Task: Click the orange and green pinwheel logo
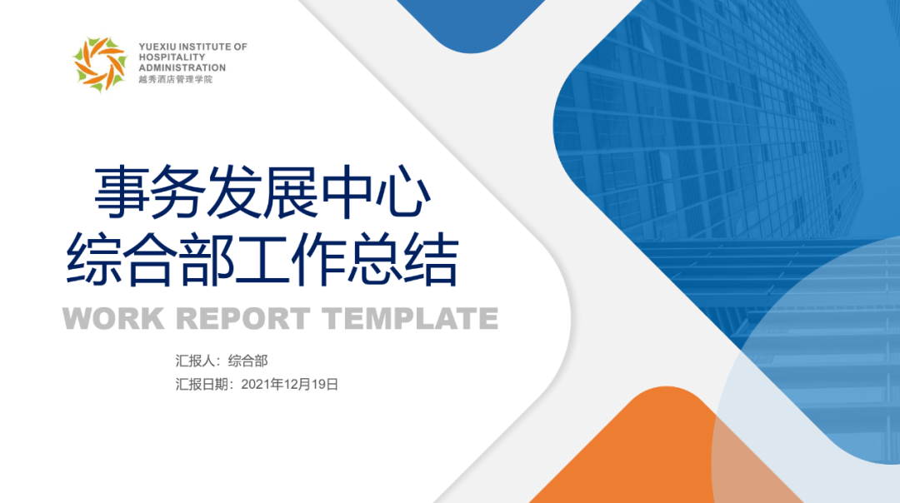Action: click(x=100, y=63)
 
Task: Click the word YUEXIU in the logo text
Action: click(x=157, y=47)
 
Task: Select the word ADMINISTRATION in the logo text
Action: click(x=182, y=67)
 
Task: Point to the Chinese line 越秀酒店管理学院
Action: click(x=176, y=79)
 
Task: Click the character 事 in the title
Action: click(x=121, y=192)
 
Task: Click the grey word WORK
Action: click(x=113, y=318)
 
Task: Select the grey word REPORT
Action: click(x=242, y=318)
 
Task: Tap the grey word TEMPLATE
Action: click(x=410, y=318)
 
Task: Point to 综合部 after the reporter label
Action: click(x=248, y=361)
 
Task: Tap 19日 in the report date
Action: click(x=325, y=384)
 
